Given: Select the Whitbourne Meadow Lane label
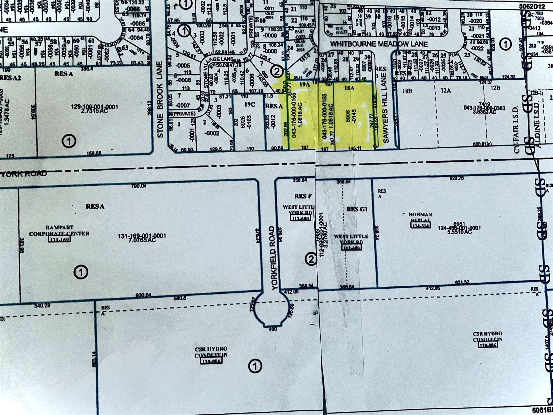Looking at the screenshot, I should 379,44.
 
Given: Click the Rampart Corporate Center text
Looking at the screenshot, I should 59,230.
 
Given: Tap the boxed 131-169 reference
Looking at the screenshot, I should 59,239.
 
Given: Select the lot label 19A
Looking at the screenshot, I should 304,84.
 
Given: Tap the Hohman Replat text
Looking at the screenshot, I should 420,217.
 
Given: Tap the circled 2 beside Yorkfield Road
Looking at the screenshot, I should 311,259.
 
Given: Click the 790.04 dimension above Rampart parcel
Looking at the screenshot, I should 139,186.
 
